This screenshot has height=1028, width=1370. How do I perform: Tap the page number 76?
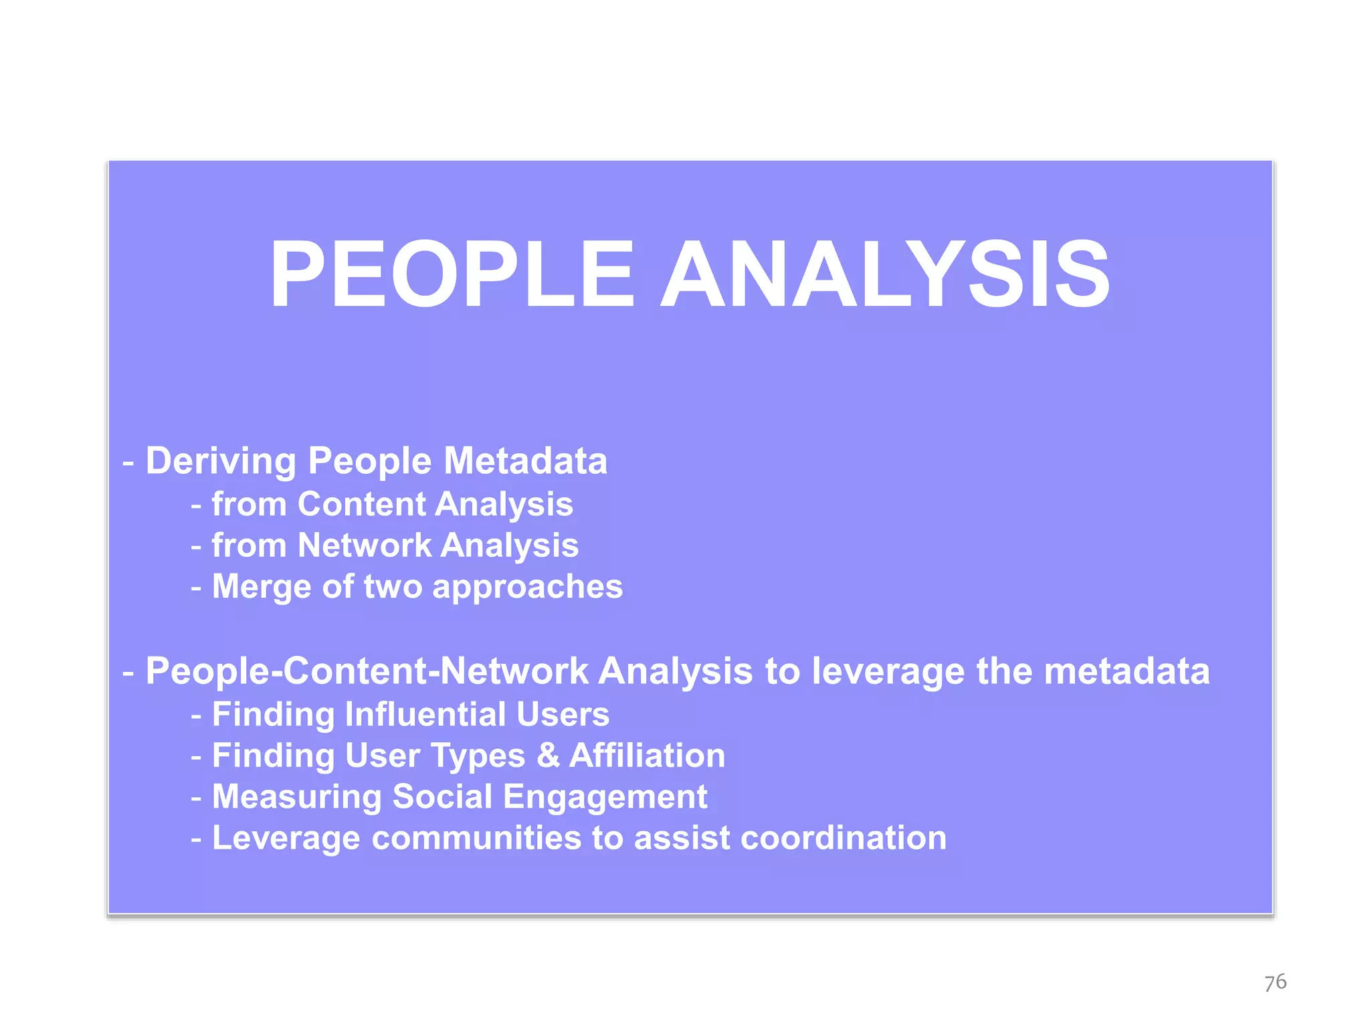click(1275, 982)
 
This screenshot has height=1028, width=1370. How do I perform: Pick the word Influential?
click(425, 714)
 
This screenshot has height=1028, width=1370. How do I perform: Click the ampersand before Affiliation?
click(548, 756)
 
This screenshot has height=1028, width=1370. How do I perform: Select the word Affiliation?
click(647, 756)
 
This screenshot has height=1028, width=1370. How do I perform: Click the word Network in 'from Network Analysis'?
click(365, 545)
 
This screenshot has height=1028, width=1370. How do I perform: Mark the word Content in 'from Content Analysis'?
click(361, 504)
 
